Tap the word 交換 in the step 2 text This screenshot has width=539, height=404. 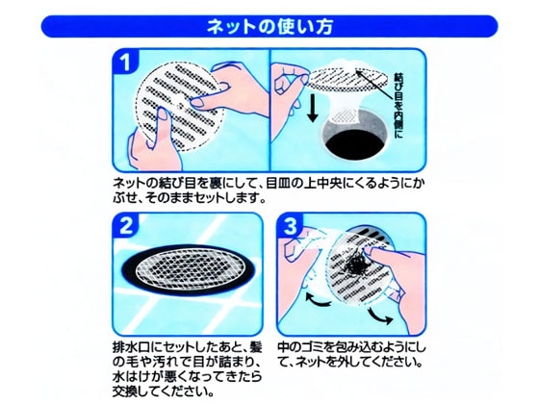pyautogui.click(x=123, y=394)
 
